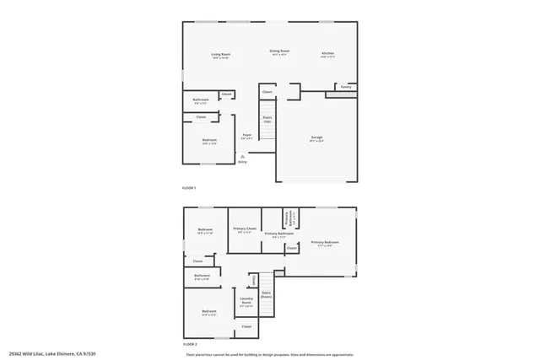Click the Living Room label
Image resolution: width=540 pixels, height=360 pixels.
click(x=221, y=56)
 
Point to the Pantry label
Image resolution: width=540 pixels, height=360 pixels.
click(x=346, y=87)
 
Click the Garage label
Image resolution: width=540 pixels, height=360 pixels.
click(x=316, y=140)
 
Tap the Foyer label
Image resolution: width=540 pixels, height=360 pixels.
click(x=248, y=136)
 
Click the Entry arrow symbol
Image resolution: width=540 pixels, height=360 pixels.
click(x=242, y=156)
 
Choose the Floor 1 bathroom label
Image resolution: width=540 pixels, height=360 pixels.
click(x=201, y=101)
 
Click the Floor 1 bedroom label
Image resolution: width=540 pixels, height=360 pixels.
click(x=209, y=141)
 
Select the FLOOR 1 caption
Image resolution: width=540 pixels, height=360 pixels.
click(x=189, y=186)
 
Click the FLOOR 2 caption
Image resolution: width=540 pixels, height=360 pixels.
click(x=189, y=345)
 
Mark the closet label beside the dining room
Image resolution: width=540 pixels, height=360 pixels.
click(x=267, y=91)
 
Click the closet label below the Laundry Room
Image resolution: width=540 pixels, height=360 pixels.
click(x=246, y=326)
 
